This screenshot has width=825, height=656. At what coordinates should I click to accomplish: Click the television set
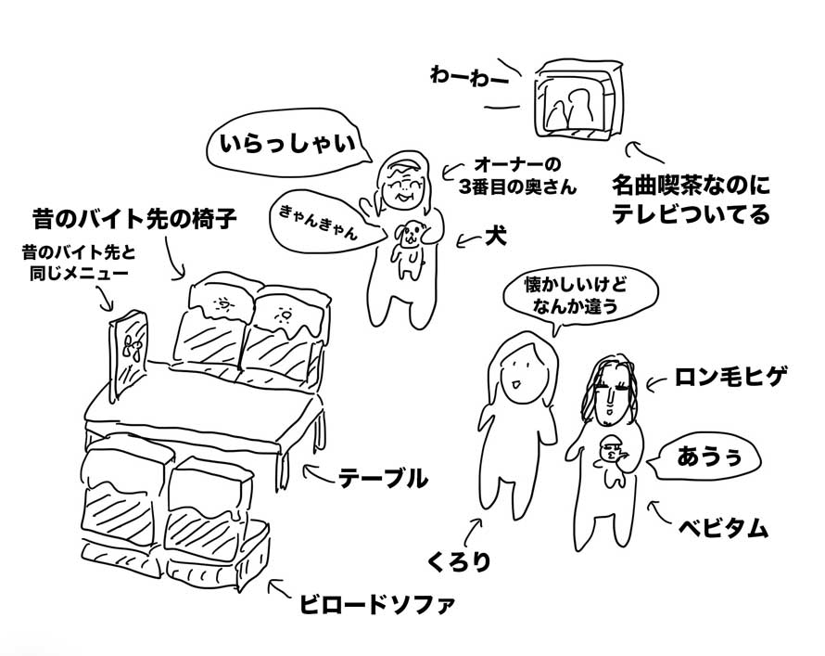(577, 100)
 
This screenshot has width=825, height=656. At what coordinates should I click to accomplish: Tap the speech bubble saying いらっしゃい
(288, 143)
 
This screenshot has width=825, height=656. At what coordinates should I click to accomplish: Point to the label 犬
(496, 238)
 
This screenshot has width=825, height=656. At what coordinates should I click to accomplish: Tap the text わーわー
(469, 77)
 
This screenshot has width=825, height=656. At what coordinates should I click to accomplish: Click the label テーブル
(383, 479)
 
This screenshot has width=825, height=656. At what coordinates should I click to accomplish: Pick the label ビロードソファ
(376, 603)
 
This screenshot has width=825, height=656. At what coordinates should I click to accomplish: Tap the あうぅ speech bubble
(706, 457)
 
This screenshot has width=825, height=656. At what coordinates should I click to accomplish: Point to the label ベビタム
(723, 528)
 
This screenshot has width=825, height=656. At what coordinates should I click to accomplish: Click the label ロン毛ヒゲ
(730, 377)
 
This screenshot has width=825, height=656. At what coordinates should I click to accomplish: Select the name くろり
(458, 562)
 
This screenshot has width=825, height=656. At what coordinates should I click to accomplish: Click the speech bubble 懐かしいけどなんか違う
(579, 297)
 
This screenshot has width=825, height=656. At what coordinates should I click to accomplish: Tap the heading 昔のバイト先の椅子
(134, 218)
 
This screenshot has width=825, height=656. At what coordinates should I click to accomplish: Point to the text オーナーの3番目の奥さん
(517, 176)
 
